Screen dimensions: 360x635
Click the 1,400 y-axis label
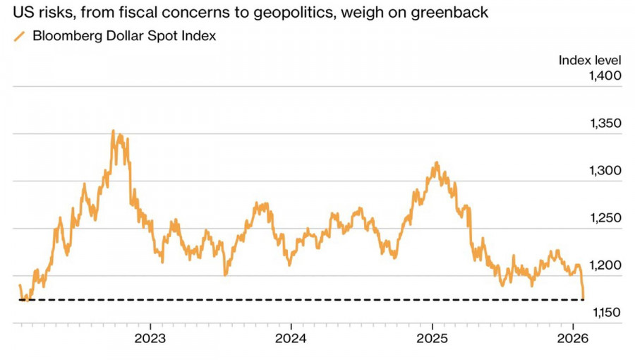(x=605, y=76)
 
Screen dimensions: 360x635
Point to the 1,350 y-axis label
(x=605, y=124)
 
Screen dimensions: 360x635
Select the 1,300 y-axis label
(x=605, y=171)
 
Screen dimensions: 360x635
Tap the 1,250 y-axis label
(x=605, y=218)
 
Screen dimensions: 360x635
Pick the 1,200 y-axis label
(x=605, y=265)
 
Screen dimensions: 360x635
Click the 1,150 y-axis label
(x=605, y=313)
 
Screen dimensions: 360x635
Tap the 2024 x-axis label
(x=291, y=337)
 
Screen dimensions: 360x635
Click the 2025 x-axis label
(x=432, y=337)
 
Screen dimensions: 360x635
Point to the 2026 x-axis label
(x=573, y=337)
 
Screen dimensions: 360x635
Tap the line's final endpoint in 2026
(x=583, y=298)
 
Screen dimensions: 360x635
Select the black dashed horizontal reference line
(x=303, y=300)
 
